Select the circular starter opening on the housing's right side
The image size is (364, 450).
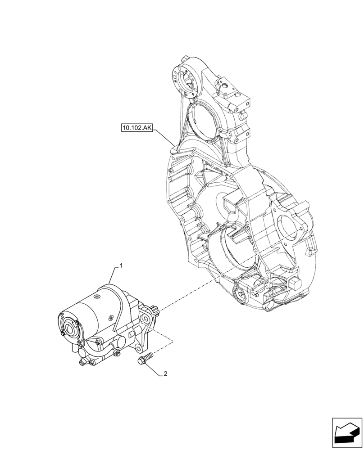(x=288, y=225)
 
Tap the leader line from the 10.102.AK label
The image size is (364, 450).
(x=165, y=137)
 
